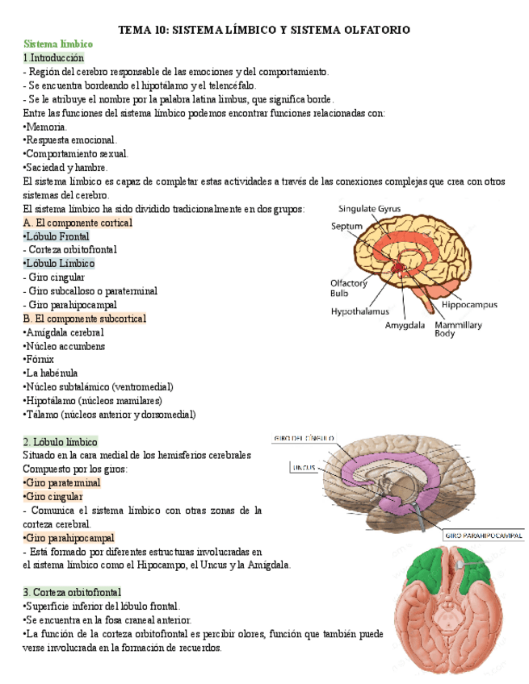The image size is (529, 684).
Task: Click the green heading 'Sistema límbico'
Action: tap(58, 44)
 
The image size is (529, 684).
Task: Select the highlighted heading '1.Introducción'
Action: tap(53, 58)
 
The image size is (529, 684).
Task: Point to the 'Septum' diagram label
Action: tap(347, 227)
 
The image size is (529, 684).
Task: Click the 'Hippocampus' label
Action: tap(469, 305)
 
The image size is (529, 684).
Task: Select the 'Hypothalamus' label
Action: tap(359, 311)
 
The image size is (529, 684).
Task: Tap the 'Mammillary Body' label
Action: tap(458, 328)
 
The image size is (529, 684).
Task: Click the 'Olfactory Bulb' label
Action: tap(349, 288)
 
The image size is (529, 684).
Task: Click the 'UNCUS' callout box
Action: tap(303, 467)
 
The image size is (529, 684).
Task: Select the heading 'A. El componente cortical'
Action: tap(78, 222)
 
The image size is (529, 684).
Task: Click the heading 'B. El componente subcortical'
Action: tap(85, 319)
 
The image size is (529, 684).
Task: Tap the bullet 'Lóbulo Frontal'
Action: tap(57, 236)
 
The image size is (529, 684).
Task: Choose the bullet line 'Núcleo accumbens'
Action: tap(65, 346)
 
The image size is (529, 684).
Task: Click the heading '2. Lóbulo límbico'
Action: tap(61, 441)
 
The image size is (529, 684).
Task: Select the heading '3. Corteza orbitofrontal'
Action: tap(72, 591)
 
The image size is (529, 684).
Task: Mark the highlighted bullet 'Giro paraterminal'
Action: tap(63, 482)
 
